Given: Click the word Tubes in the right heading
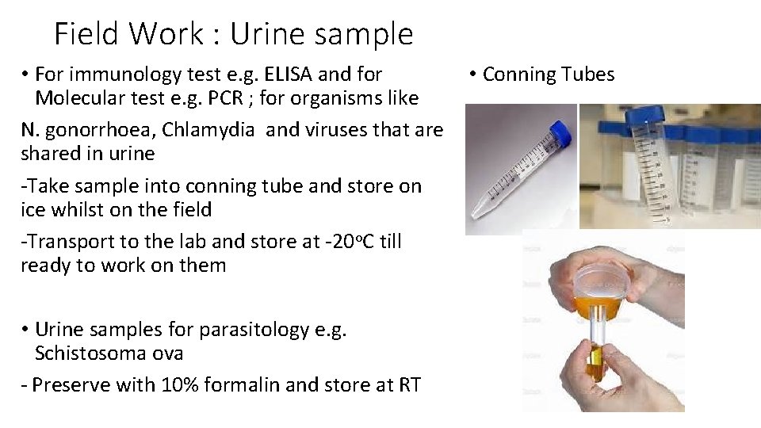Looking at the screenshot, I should pos(583,75).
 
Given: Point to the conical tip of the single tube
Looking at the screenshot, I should pos(479,212).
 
